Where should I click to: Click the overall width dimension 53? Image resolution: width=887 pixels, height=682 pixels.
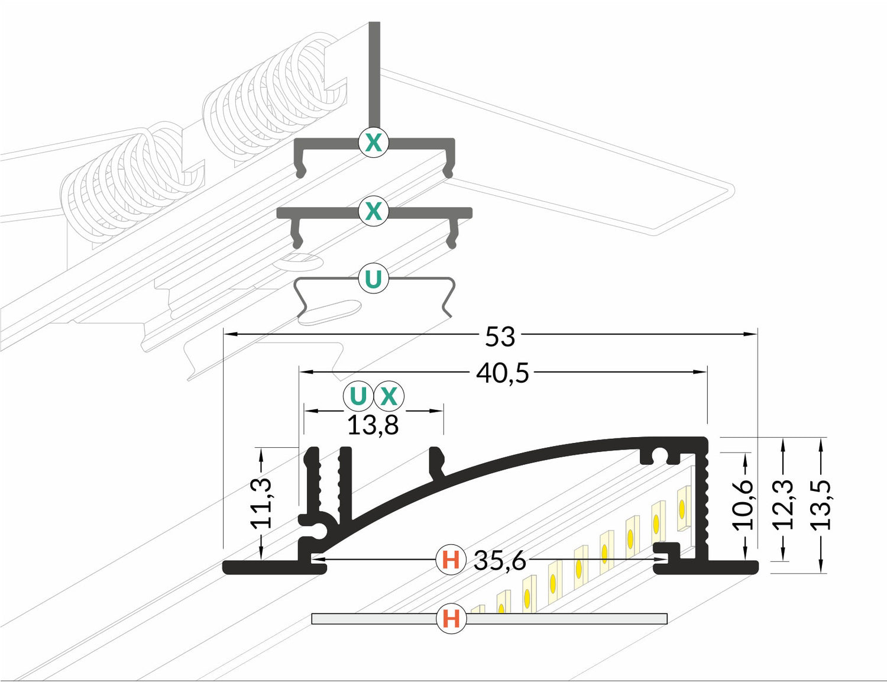tap(500, 336)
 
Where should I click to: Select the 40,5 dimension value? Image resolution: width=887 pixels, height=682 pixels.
tap(503, 373)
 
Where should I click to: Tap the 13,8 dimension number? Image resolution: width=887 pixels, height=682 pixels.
tap(373, 425)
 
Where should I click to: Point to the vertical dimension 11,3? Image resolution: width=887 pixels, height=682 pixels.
tap(261, 503)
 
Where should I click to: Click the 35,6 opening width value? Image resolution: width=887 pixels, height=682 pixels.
tap(500, 560)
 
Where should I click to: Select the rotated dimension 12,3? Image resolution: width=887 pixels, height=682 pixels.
tap(784, 505)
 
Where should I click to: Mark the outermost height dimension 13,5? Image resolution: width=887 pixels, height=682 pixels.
tap(821, 505)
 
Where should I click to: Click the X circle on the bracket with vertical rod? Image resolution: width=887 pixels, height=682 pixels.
tap(373, 143)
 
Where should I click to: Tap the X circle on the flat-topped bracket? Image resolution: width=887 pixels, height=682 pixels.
tap(373, 211)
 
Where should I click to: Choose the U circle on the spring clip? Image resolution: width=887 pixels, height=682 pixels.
tap(373, 279)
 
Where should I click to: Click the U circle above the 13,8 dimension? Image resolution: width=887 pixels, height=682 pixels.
tap(358, 396)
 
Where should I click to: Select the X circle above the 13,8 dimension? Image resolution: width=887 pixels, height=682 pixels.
tap(389, 396)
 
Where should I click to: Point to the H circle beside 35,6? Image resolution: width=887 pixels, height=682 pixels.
tap(451, 559)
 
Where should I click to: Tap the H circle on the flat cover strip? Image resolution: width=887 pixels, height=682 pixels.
tap(451, 619)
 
